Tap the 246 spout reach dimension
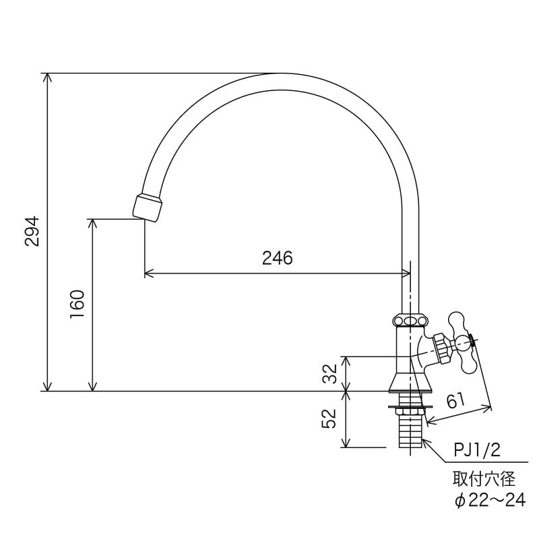(278, 258)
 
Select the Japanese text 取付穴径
(484, 479)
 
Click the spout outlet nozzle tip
(148, 206)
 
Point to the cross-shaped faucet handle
(462, 342)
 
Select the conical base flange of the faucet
(410, 383)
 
